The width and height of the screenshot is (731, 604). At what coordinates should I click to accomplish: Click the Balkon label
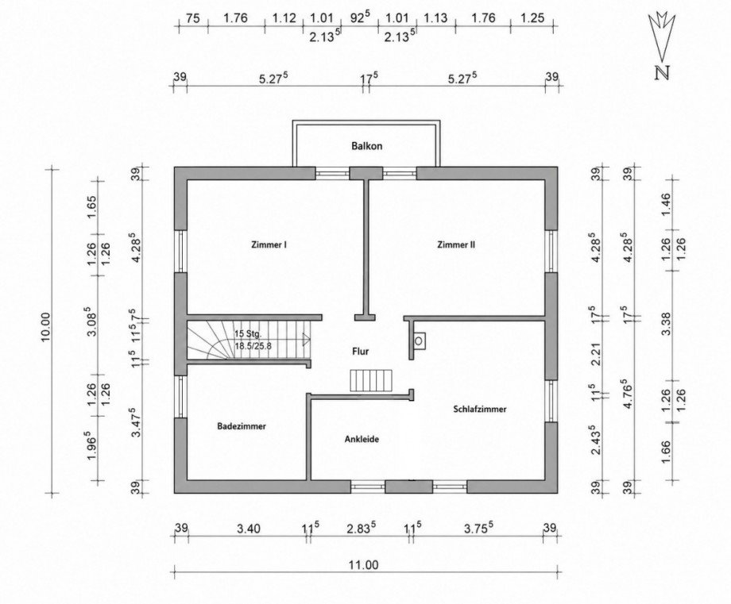click(366, 146)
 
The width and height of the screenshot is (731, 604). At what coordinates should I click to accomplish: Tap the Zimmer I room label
click(269, 244)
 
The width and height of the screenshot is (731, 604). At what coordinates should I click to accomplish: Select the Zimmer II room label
click(456, 244)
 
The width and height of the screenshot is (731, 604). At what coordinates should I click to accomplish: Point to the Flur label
click(361, 351)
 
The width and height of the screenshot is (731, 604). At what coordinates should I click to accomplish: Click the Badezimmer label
click(242, 426)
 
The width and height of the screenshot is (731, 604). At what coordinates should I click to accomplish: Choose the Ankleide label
click(362, 439)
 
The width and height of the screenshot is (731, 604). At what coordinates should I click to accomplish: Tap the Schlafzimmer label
click(480, 410)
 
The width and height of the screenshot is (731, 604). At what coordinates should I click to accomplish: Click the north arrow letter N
click(662, 74)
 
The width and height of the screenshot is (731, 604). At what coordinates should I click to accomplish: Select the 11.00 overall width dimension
click(364, 565)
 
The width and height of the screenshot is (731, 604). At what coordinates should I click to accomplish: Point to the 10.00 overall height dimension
click(46, 327)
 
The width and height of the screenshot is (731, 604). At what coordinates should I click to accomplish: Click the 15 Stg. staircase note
click(249, 334)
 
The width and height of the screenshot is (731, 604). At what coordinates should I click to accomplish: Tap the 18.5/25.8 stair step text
click(253, 346)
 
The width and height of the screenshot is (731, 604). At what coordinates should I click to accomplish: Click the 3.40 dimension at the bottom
click(249, 529)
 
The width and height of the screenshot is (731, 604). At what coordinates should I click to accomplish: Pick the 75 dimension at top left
click(192, 18)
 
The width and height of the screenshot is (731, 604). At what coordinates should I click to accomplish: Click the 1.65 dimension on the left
click(91, 205)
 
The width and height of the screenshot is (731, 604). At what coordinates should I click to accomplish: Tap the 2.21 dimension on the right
click(596, 356)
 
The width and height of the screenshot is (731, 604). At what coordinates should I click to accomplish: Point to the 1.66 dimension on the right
click(666, 452)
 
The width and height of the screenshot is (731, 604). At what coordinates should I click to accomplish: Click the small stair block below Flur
click(372, 380)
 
